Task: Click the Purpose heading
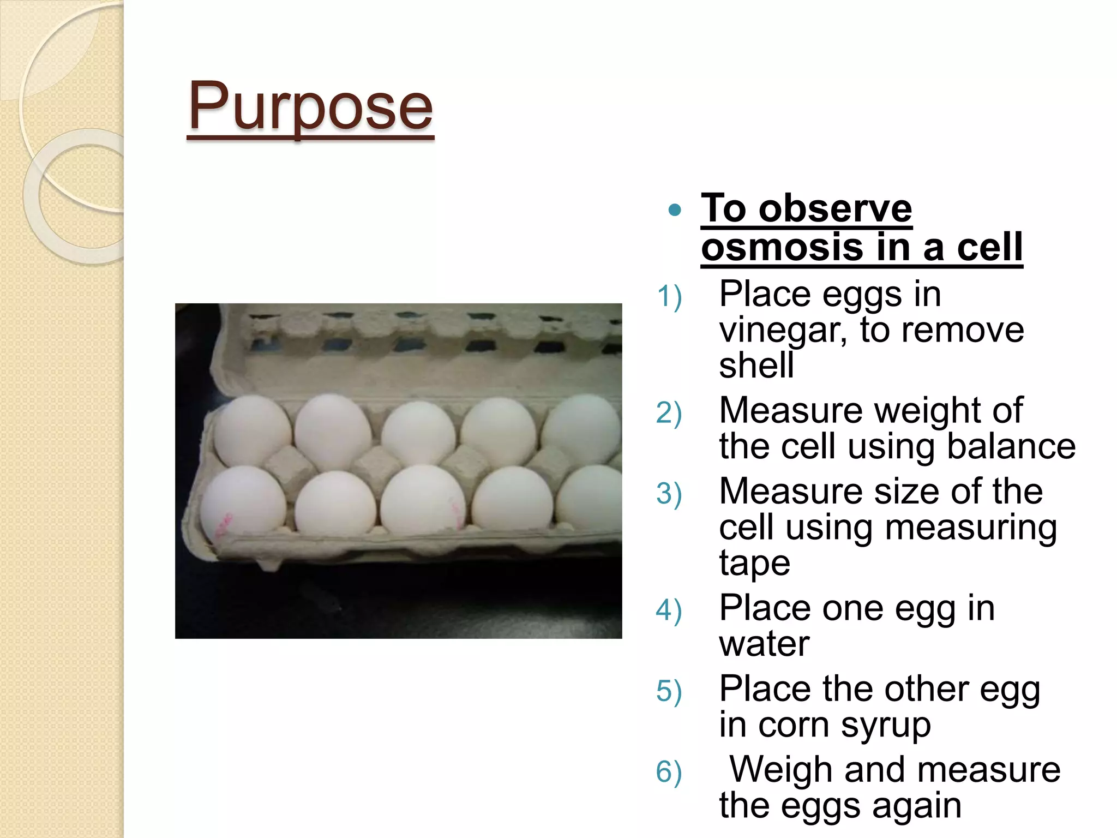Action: (x=310, y=106)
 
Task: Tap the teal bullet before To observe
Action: (x=675, y=210)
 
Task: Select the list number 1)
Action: (x=669, y=297)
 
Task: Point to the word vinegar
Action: (x=782, y=331)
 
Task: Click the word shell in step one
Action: (x=756, y=365)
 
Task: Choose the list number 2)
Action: (x=669, y=413)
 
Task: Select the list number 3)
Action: (x=669, y=494)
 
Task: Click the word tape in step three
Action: (x=754, y=563)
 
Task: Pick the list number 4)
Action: (x=669, y=610)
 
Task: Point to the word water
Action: (x=764, y=644)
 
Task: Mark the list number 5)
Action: (x=669, y=691)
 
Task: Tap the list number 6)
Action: (x=669, y=773)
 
